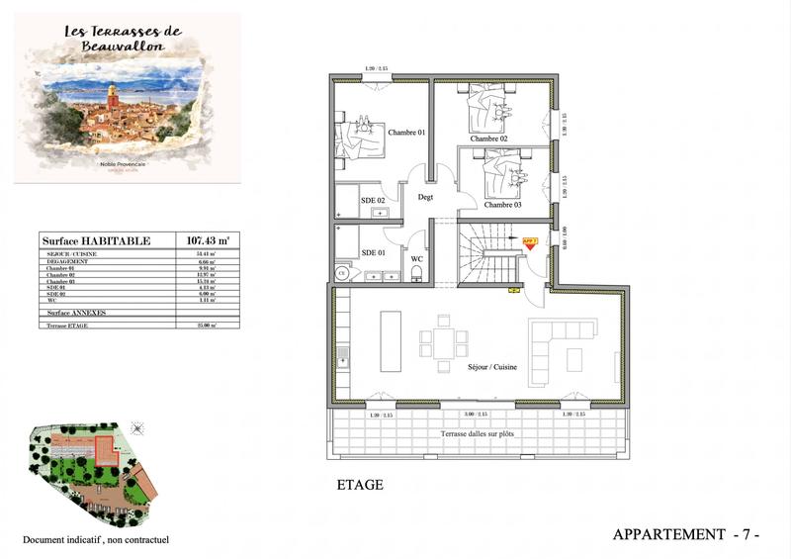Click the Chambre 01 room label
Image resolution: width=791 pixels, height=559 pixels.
pos(405,133)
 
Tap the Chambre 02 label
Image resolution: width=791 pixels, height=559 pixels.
pos(488,139)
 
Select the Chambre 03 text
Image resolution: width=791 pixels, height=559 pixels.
pos(502,205)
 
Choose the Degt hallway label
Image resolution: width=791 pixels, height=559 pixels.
pos(426,197)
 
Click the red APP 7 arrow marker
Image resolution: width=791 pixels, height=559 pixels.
pos(529,242)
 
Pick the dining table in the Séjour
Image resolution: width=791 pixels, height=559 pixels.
pos(443,343)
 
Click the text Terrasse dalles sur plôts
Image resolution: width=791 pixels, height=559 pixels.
pos(482,435)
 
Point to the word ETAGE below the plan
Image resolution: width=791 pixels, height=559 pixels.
pos(360,486)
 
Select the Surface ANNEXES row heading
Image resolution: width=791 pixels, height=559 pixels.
pos(77,312)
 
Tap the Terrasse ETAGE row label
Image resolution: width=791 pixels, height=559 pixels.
pos(70,325)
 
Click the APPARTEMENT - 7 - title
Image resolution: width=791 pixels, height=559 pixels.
pos(686,535)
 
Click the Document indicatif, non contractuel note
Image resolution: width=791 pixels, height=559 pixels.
pos(97,540)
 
